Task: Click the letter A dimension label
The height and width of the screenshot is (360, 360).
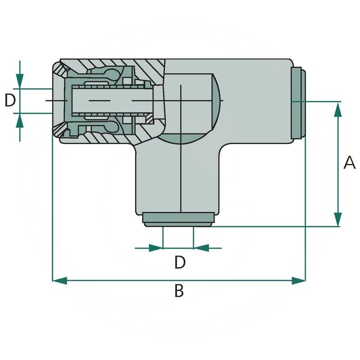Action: [349, 162]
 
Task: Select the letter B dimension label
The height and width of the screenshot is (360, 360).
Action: [179, 291]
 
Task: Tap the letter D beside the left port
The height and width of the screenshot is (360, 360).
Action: [10, 100]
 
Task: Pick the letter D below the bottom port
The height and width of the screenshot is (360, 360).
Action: [180, 262]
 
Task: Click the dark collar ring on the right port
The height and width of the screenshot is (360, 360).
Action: [298, 103]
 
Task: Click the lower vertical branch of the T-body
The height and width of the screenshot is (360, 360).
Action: [180, 180]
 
